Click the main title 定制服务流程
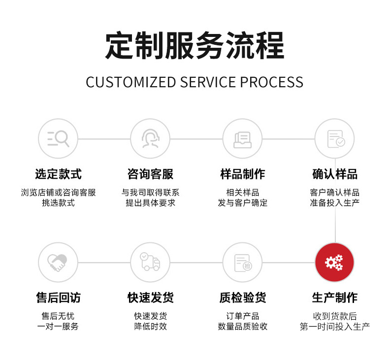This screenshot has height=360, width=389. pos(194,46)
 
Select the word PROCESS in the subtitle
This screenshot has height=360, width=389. pos(272,82)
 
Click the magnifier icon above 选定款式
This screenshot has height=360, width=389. pos(58,138)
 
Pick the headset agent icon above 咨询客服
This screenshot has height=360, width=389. pos(150,138)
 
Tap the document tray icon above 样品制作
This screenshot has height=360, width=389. pos(242,138)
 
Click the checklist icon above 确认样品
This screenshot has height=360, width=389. pos(335,138)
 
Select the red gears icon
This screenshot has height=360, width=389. pos(335,262)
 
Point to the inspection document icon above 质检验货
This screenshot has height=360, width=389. pos(242,262)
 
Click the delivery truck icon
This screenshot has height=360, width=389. pos(150,262)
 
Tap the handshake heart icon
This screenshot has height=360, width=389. pos(58,262)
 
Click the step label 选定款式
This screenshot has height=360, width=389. pos(58,174)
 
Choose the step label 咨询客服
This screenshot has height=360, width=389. pos(150,174)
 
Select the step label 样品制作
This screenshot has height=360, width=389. pos(242,174)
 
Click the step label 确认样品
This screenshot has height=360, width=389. pos(335,174)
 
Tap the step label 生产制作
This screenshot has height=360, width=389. pos(335,297)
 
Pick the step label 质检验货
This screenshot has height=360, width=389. pos(242,297)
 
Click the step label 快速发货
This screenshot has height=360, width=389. pos(150,297)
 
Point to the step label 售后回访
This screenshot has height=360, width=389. pos(58,297)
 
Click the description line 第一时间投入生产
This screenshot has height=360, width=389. pos(335,327)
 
